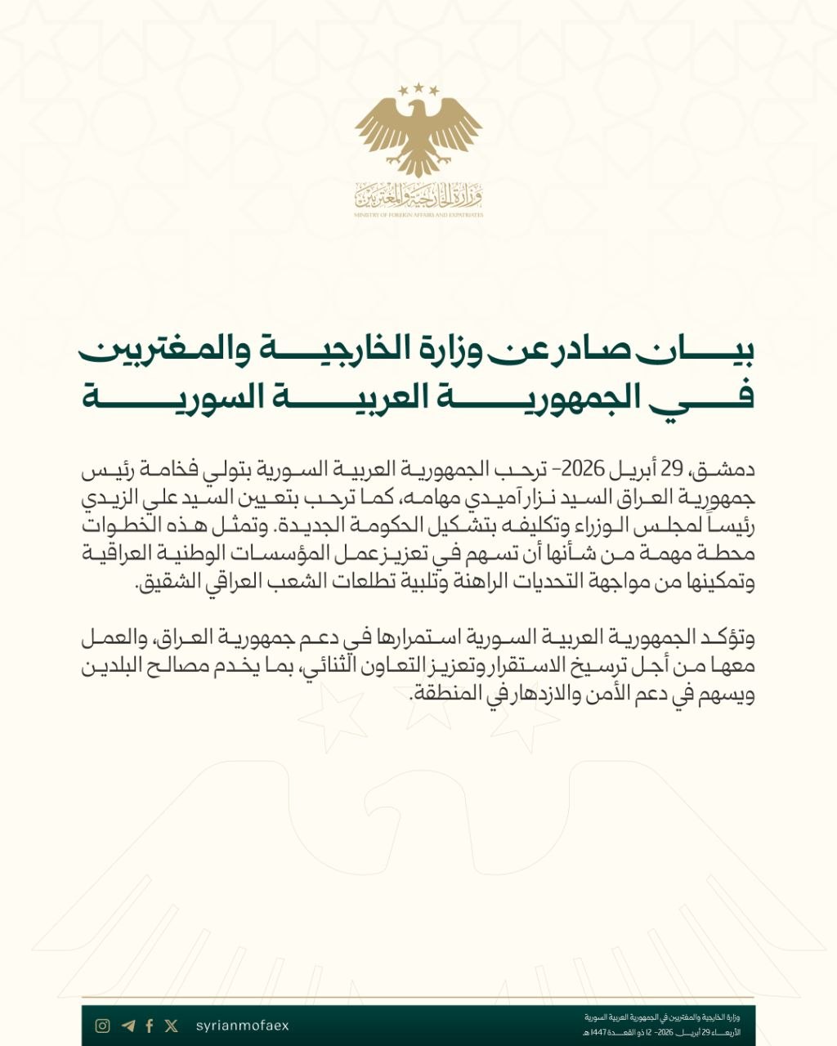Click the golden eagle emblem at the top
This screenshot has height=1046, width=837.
418,131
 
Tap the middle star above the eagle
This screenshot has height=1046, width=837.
418,87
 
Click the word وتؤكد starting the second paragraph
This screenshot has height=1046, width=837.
724,637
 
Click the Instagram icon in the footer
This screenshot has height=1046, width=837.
102,1026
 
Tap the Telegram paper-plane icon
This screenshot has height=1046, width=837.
128,1026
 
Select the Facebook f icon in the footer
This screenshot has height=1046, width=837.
150,1026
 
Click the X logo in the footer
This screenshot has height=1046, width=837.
171,1026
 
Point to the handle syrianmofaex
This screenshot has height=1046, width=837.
243,1026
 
